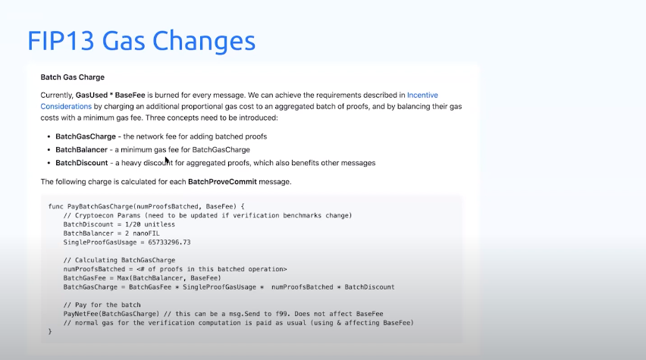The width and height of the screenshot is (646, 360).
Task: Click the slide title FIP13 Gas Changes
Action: (141, 40)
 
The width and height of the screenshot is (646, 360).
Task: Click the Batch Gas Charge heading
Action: (73, 77)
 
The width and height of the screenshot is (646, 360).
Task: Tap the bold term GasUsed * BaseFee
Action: (111, 95)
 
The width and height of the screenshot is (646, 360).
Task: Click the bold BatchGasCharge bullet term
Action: (86, 136)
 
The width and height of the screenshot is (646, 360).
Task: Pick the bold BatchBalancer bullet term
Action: (82, 149)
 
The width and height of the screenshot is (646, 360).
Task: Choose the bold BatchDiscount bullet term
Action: (82, 163)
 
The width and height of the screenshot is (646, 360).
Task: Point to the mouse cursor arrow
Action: (167, 161)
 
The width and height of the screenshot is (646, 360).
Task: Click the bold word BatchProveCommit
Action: (222, 182)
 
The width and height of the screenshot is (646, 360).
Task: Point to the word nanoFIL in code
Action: (146, 233)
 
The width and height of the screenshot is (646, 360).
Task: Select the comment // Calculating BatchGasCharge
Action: (119, 260)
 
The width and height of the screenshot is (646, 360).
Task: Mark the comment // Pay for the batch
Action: (102, 305)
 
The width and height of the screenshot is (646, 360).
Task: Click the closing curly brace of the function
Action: (50, 332)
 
